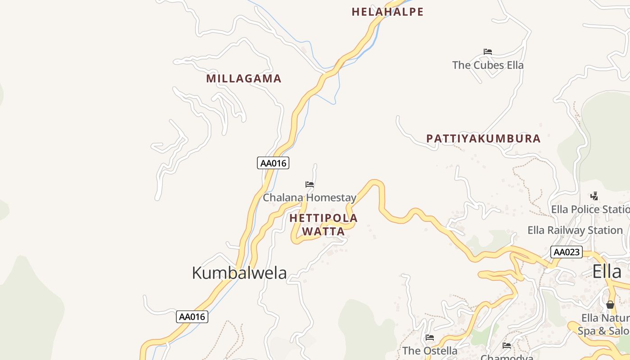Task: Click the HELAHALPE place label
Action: coord(387,12)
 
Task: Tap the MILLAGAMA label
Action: coord(243,79)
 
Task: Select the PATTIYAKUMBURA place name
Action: coord(483,139)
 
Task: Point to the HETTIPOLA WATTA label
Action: coord(324,225)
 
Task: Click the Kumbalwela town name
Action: coord(239,273)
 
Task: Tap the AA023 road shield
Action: coord(567,252)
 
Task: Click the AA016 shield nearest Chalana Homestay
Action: coord(273,163)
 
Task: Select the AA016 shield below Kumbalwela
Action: coord(192,317)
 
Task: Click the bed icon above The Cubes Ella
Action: coord(488,52)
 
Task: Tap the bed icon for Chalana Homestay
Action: coord(310,184)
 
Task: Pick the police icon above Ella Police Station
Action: coord(594,196)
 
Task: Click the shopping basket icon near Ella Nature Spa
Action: coord(610,305)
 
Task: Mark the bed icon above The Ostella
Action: coord(430,337)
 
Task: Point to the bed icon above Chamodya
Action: coord(507,346)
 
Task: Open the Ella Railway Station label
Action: coord(575,230)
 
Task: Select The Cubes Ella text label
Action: coord(488,65)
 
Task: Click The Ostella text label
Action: coord(430,351)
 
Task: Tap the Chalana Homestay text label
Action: coord(310,198)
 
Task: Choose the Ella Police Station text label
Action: coord(590,209)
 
